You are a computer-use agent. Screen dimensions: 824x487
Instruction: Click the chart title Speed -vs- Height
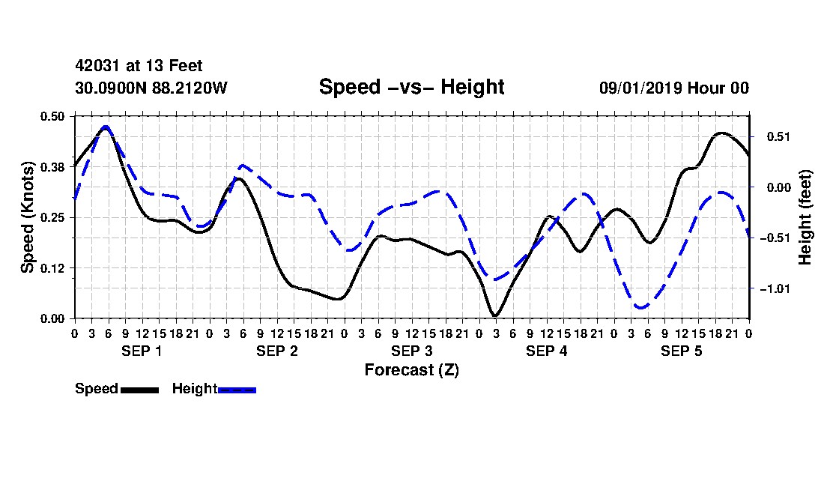[411, 87]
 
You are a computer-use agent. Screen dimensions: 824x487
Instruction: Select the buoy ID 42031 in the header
[98, 66]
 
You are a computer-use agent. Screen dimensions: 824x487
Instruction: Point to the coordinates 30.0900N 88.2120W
[151, 88]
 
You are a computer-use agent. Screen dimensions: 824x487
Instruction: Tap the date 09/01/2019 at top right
[640, 88]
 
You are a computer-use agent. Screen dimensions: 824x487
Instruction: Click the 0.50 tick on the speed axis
[52, 116]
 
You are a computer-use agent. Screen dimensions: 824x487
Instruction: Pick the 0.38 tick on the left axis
[52, 167]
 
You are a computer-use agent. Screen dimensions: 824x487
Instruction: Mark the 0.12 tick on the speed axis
[52, 268]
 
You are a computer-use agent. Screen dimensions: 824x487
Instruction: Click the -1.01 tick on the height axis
[775, 289]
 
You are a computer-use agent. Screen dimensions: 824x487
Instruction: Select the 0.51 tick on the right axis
[778, 137]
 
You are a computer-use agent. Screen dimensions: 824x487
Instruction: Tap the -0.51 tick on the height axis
[775, 238]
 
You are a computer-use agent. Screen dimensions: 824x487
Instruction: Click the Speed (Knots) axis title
[27, 217]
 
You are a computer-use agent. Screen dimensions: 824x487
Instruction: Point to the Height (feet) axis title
[805, 217]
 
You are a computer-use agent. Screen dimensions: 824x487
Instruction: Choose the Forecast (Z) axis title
[412, 370]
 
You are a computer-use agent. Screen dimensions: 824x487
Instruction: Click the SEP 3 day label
[412, 351]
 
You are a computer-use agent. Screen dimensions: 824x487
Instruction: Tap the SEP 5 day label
[682, 351]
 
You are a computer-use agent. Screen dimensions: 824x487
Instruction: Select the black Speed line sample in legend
[139, 390]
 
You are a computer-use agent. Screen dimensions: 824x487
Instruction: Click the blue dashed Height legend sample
[237, 390]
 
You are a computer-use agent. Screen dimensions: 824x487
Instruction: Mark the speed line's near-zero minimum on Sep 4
[495, 315]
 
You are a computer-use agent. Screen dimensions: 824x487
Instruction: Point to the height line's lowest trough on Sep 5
[640, 306]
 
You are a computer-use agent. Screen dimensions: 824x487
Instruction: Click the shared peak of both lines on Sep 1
[106, 127]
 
